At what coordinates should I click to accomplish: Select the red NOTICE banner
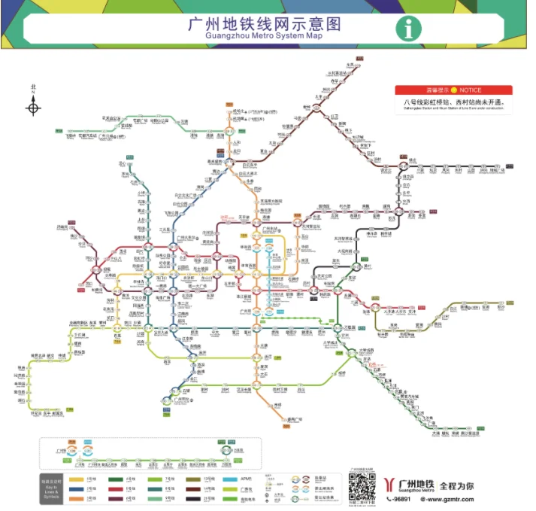[x=454, y=90]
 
